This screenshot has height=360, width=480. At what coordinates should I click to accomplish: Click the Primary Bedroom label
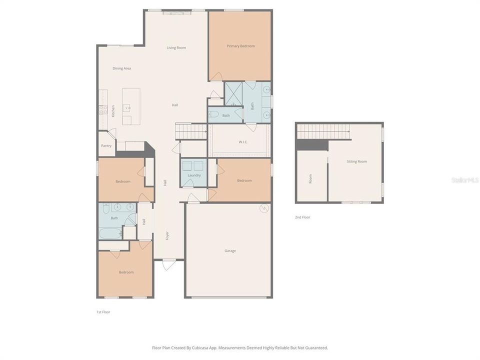click(240, 46)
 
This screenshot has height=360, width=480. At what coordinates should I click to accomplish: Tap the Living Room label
click(176, 48)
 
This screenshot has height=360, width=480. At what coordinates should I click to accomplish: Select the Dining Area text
click(121, 68)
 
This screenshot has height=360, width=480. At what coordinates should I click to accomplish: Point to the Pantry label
click(106, 146)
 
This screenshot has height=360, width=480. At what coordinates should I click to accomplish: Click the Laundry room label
click(194, 175)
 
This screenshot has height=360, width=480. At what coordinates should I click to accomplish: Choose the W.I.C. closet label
click(243, 141)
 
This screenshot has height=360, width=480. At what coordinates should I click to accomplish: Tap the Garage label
click(230, 251)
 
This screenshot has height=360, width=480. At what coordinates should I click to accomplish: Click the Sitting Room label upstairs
click(357, 161)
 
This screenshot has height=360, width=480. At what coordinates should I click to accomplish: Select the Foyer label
click(167, 234)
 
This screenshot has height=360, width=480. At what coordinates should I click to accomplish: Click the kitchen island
click(131, 106)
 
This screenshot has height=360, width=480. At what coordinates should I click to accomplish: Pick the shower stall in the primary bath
click(232, 94)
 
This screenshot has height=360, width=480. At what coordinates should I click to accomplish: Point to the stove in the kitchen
click(103, 109)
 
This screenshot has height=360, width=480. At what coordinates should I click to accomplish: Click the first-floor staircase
click(191, 131)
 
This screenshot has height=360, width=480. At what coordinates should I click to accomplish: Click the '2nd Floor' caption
click(302, 217)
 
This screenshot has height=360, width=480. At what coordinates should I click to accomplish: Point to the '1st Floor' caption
click(103, 312)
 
